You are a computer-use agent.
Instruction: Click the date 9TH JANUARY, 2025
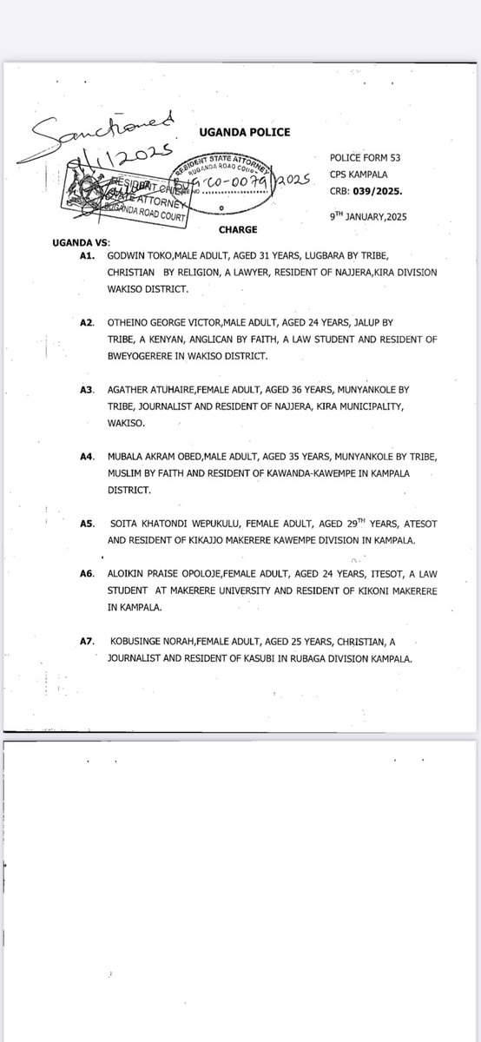pos(381,216)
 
